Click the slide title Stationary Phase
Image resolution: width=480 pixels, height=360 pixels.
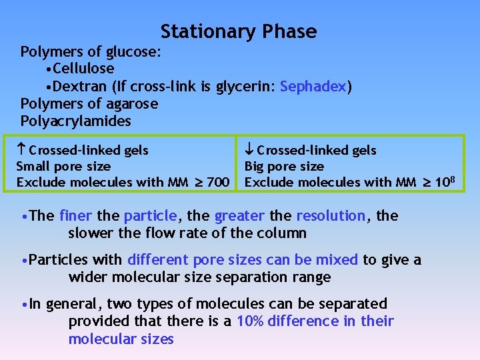[239, 31]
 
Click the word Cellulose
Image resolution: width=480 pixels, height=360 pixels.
[83, 69]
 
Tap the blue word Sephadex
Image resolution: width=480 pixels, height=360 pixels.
[314, 86]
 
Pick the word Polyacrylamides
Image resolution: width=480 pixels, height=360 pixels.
[76, 121]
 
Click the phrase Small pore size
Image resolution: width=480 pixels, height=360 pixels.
[63, 166]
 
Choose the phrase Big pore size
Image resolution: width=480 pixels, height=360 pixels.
[284, 166]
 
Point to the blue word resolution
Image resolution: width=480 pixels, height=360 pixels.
[331, 215]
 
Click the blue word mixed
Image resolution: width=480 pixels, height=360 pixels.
[338, 259]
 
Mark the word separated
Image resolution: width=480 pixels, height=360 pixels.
[355, 303]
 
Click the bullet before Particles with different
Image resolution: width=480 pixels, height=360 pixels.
[25, 260]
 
